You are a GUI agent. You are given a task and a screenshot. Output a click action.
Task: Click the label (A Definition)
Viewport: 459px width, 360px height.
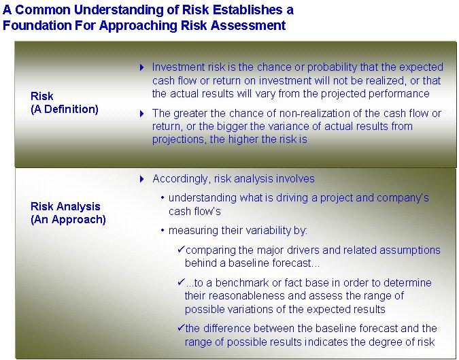[x=65, y=110]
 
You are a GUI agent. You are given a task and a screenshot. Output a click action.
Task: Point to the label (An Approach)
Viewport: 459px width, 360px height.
[x=68, y=219]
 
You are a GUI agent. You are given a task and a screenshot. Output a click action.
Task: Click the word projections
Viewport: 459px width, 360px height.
[x=178, y=140]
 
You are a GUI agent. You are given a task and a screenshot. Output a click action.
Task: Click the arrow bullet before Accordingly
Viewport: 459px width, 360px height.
[x=142, y=179]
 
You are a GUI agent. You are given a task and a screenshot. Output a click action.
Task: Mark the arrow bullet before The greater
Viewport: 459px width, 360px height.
[x=142, y=114]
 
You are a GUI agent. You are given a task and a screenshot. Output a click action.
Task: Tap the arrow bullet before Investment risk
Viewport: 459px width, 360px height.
[x=142, y=67]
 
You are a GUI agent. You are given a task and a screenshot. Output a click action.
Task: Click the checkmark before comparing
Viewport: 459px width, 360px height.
[x=181, y=250]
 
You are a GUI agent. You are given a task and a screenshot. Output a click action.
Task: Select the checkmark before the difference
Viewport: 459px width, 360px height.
[x=181, y=327]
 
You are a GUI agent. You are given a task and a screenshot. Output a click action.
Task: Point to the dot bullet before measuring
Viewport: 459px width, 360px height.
[x=163, y=231]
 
